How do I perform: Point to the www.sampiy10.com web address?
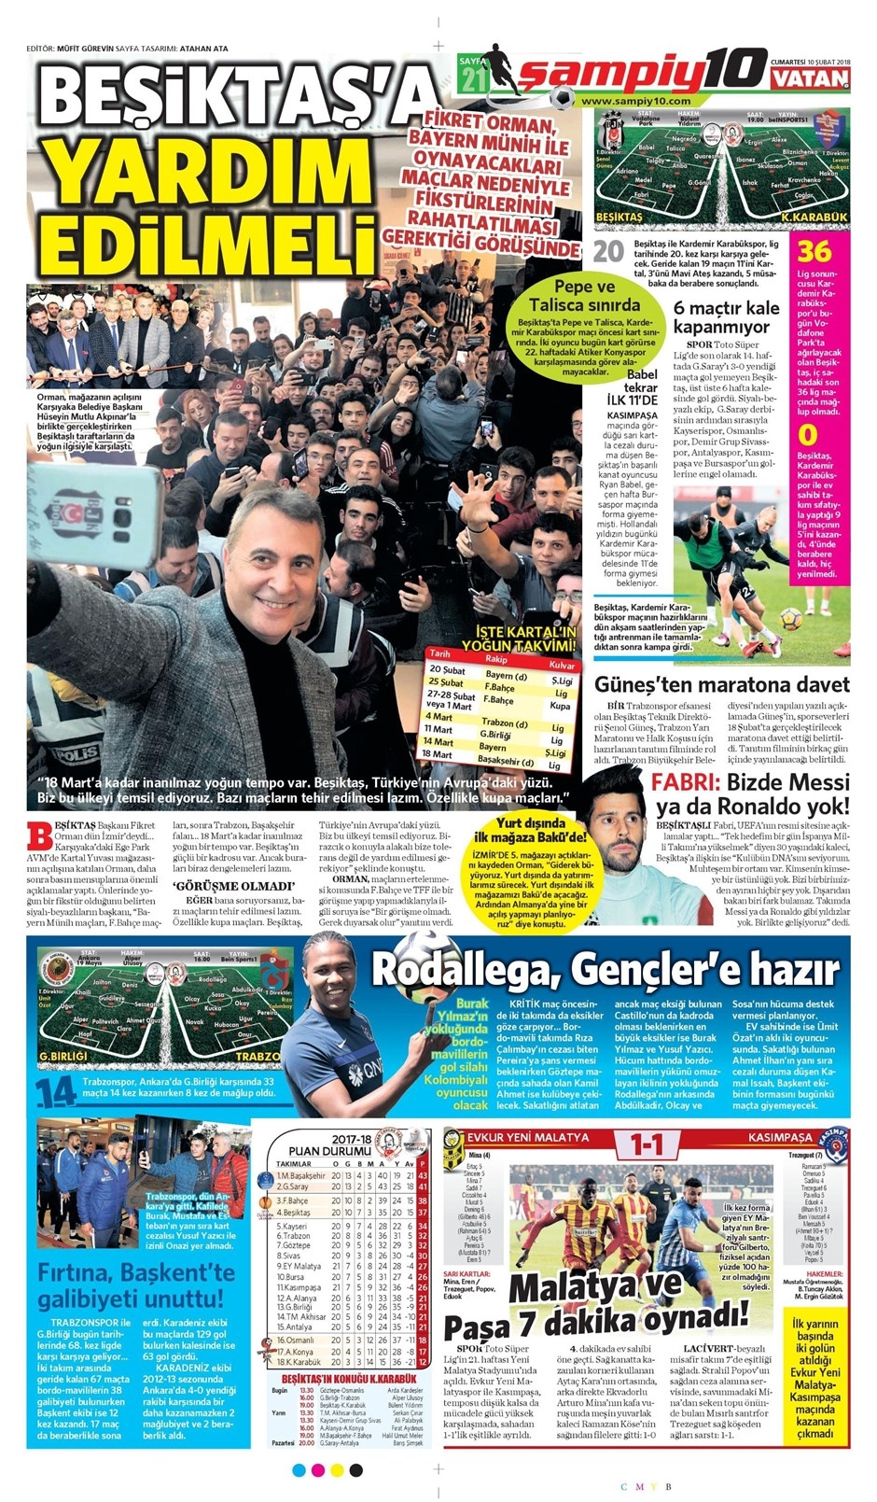635,101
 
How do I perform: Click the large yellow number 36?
814,252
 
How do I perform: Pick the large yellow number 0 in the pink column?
809,435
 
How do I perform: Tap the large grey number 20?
608,252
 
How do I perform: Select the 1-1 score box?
647,1144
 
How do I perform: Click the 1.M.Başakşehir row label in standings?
300,1176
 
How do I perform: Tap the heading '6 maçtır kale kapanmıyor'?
726,318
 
